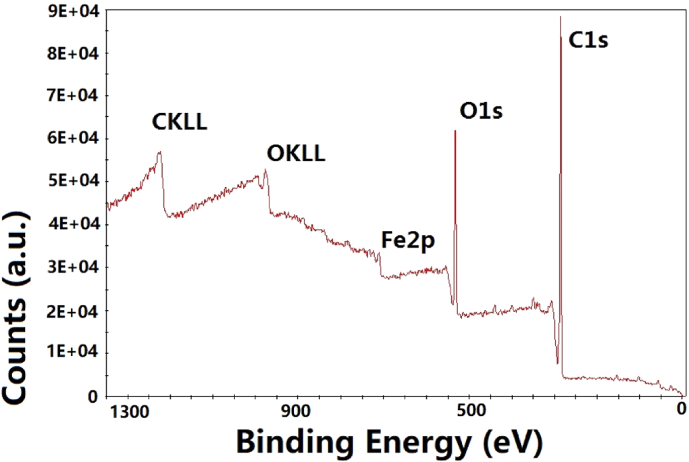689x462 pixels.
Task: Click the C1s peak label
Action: (x=588, y=41)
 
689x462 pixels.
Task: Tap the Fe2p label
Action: (x=409, y=241)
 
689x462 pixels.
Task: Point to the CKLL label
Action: (x=178, y=122)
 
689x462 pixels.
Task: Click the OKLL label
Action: (x=296, y=155)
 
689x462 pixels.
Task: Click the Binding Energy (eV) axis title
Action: (x=389, y=442)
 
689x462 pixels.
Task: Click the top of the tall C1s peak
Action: (x=560, y=17)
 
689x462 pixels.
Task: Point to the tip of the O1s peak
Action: (x=455, y=131)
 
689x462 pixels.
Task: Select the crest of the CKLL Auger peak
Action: (x=159, y=153)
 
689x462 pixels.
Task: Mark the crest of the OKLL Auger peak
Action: (x=265, y=170)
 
